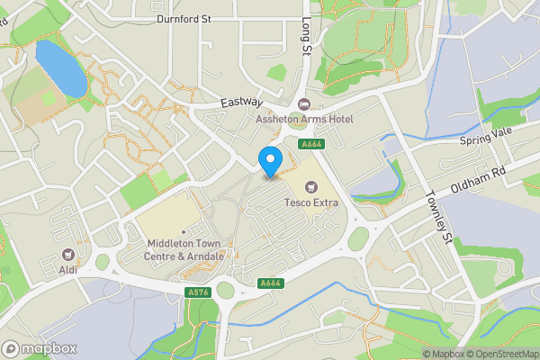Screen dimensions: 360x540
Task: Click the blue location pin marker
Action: tap(269, 160)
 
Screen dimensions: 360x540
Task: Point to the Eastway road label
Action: tap(240, 104)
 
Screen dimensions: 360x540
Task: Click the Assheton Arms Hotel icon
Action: tap(303, 104)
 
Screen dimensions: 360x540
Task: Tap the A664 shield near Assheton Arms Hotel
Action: tap(311, 143)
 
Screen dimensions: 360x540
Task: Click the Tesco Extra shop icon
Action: tap(311, 187)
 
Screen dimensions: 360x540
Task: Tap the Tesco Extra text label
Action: tap(311, 202)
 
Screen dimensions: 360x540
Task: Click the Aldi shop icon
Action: tap(68, 255)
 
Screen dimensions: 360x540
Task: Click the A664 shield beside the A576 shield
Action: tap(269, 283)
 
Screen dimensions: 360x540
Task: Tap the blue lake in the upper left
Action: tap(60, 69)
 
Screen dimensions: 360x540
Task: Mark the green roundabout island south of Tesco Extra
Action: tap(358, 238)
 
